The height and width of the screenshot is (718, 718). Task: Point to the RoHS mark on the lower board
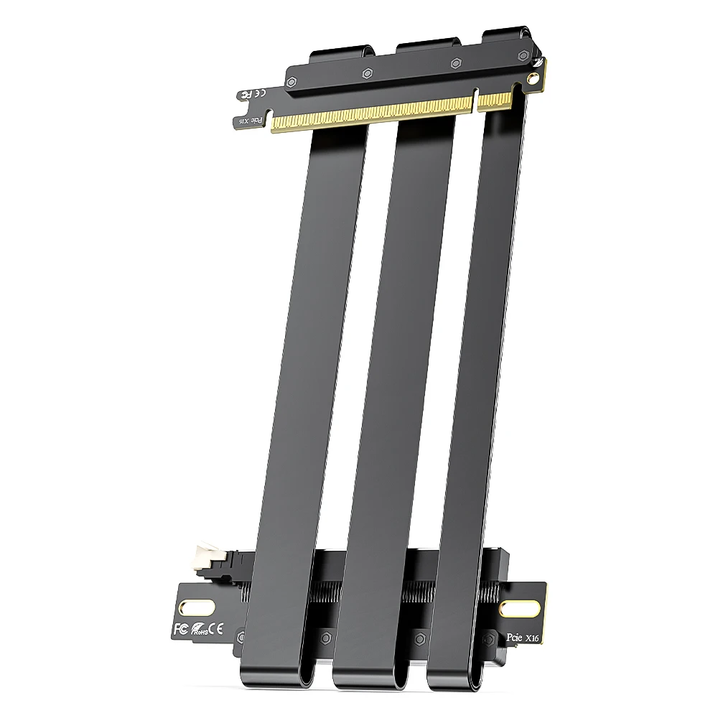(x=199, y=632)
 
